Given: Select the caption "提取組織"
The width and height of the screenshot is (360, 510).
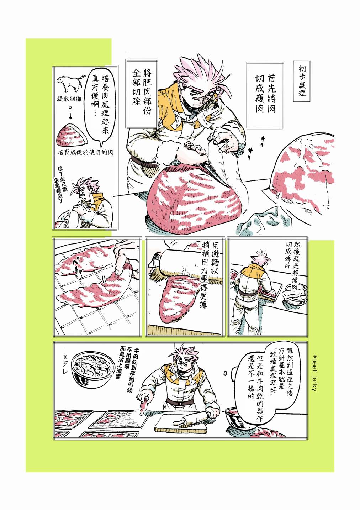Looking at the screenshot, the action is coord(69,99).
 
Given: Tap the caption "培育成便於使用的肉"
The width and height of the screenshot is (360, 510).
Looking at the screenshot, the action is coord(85,152).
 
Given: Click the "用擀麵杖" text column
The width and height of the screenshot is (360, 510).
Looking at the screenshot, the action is coord(215,260).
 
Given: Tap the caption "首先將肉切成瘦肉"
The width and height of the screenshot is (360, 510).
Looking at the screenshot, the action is coord(265,93).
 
